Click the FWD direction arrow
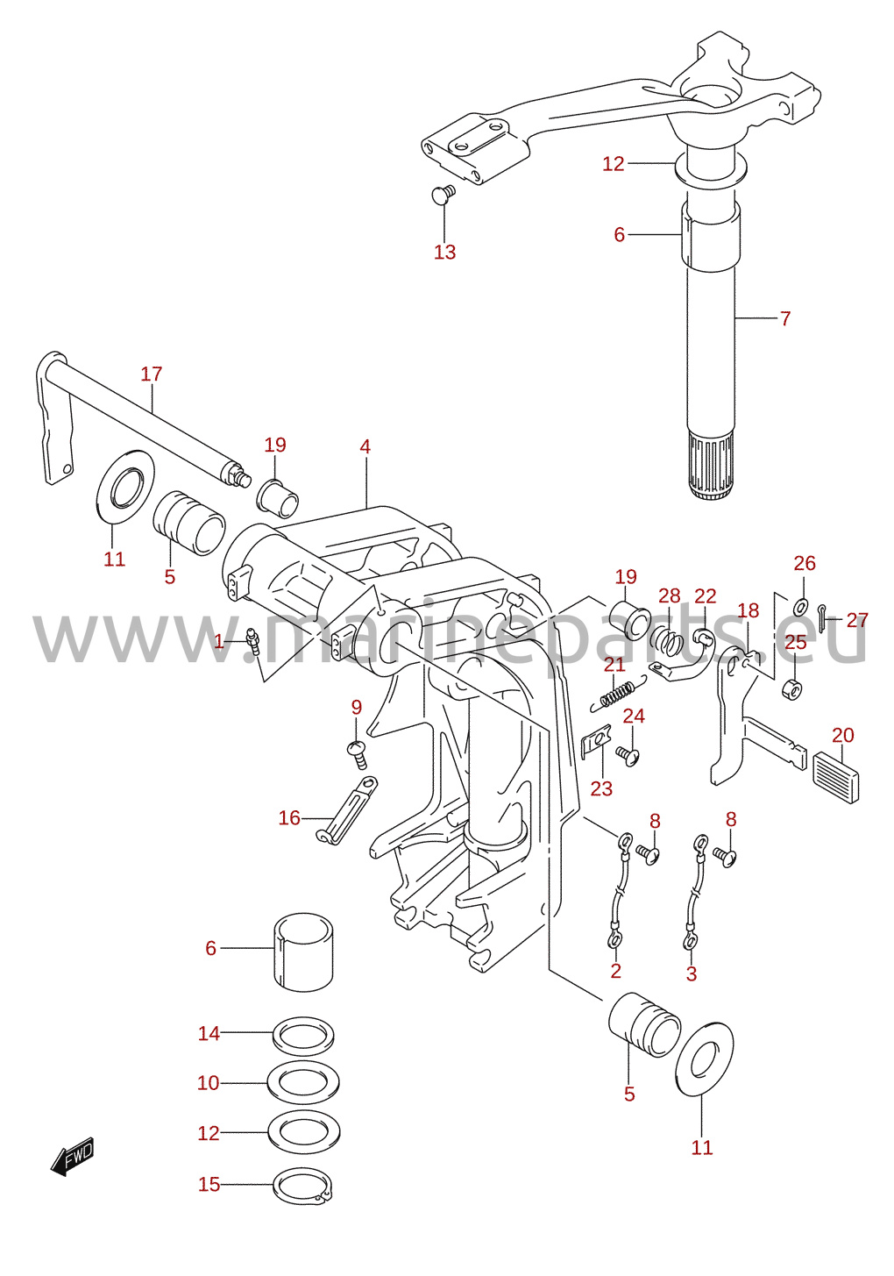72,1156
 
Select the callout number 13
444,252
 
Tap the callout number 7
785,318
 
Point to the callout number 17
152,374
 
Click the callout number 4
365,446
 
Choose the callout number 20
843,736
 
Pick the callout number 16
289,818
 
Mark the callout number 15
209,1184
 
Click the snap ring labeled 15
303,1186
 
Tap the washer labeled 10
303,1082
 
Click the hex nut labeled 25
792,689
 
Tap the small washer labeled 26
800,607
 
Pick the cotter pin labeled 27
821,618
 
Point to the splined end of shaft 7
710,466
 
